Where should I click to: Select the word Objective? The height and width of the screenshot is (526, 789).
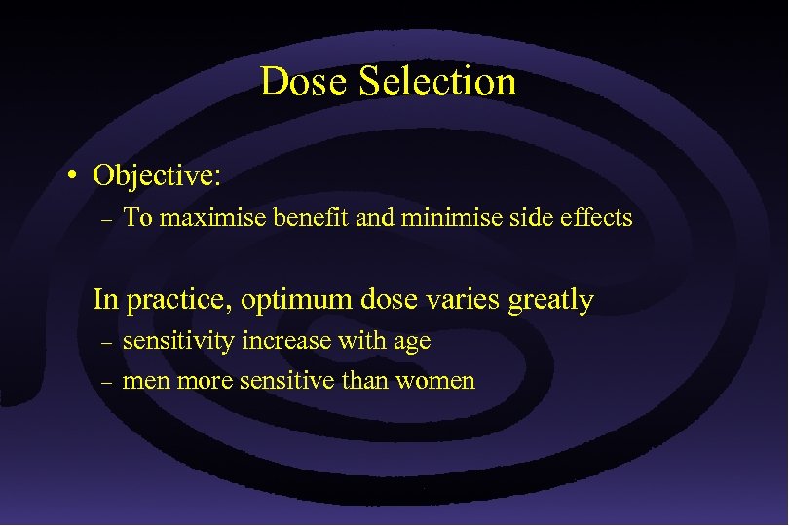coord(157,175)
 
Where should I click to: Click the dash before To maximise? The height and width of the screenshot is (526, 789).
coord(104,220)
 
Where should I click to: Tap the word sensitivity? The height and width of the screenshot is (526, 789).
coord(179,342)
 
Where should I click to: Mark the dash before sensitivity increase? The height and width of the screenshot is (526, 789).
coord(104,343)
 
